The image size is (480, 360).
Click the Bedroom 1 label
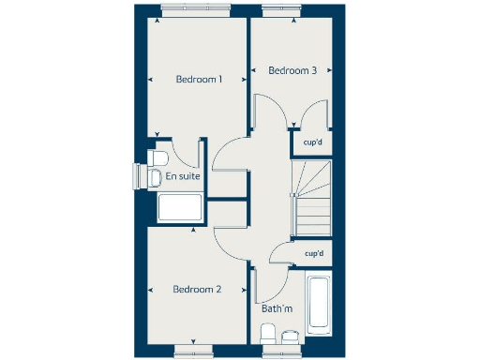click(x=199, y=80)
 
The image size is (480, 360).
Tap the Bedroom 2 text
click(x=197, y=290)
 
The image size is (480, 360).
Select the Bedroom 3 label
click(x=292, y=70)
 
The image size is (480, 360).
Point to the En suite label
click(x=182, y=175)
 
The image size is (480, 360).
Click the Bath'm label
click(x=277, y=308)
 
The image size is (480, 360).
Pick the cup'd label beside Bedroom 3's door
click(x=313, y=142)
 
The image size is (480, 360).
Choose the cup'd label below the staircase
click(x=314, y=253)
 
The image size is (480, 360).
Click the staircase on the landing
click(x=313, y=198)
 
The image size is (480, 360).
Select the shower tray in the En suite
click(x=181, y=208)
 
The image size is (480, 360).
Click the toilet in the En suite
click(x=158, y=157)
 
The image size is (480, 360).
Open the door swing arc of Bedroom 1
click(x=229, y=155)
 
